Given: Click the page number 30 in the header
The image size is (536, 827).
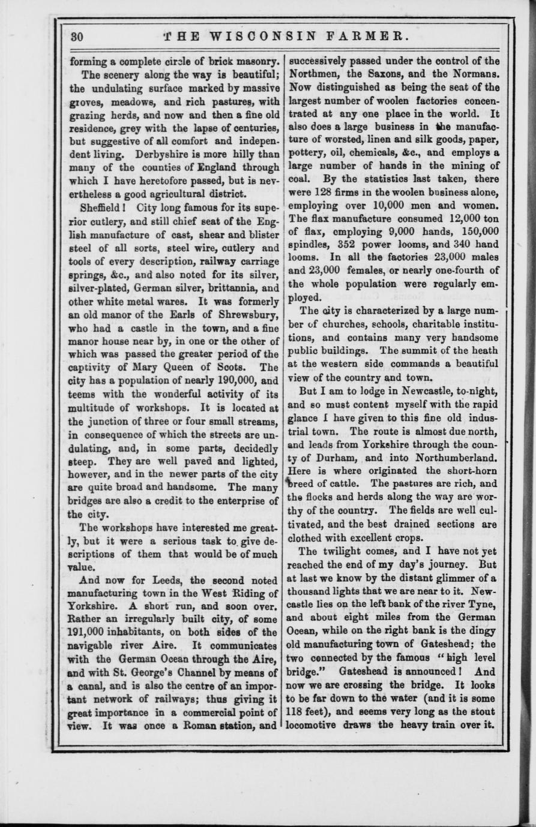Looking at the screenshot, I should point(77,37).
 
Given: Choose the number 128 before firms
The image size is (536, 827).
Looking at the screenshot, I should point(324,193).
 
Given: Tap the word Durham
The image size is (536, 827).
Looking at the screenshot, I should point(336,458).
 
